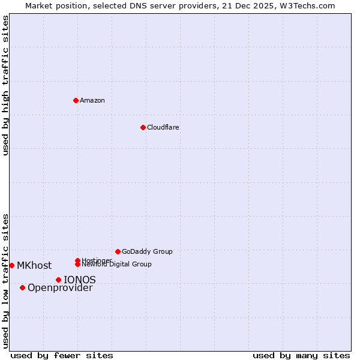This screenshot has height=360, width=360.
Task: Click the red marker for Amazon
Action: point(76,100)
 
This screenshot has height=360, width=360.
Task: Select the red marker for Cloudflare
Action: point(143,127)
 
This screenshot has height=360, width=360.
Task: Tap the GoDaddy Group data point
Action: point(118,251)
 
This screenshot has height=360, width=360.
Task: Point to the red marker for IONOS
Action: point(58,280)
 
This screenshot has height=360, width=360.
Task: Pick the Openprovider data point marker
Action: point(22,287)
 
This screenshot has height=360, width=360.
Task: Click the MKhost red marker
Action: point(11,265)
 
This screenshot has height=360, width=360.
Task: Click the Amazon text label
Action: point(92,100)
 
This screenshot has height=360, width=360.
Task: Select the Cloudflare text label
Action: point(163,127)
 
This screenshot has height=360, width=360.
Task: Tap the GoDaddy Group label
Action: point(147,251)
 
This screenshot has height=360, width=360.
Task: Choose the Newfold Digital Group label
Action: point(116,264)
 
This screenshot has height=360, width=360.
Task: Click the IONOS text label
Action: point(80,280)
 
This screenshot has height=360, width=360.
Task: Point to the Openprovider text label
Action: point(60,288)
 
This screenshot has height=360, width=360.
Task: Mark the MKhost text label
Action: point(34,265)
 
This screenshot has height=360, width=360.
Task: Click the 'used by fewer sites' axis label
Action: point(62,355)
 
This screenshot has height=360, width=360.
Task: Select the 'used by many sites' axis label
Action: point(301,355)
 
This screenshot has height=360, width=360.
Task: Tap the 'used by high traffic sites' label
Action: point(5,85)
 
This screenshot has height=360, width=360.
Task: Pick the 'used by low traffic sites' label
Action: point(5,281)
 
